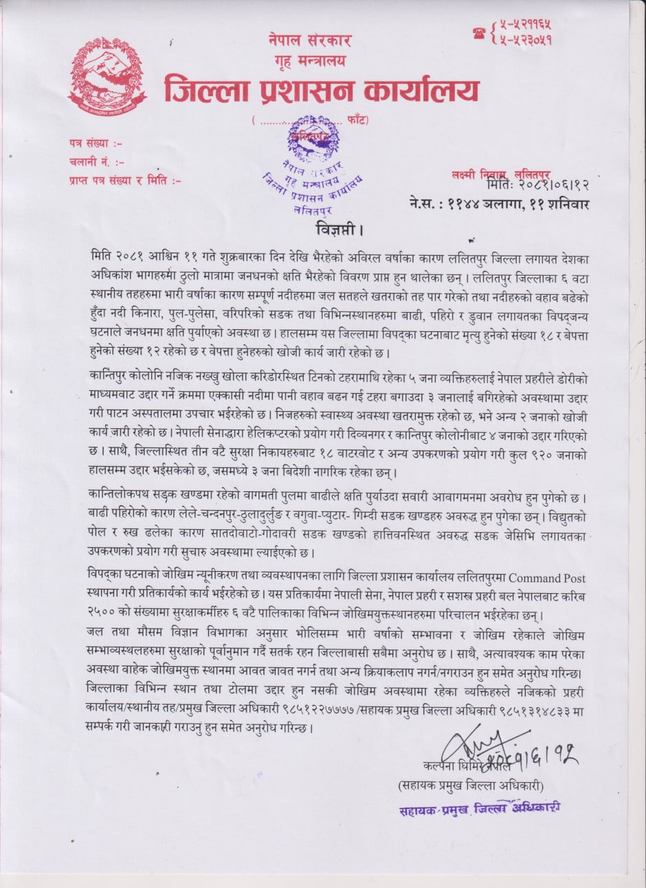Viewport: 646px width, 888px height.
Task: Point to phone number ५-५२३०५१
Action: point(526,40)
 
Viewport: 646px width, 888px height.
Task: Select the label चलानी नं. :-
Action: point(96,162)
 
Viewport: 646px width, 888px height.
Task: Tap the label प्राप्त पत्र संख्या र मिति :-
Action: point(124,181)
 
